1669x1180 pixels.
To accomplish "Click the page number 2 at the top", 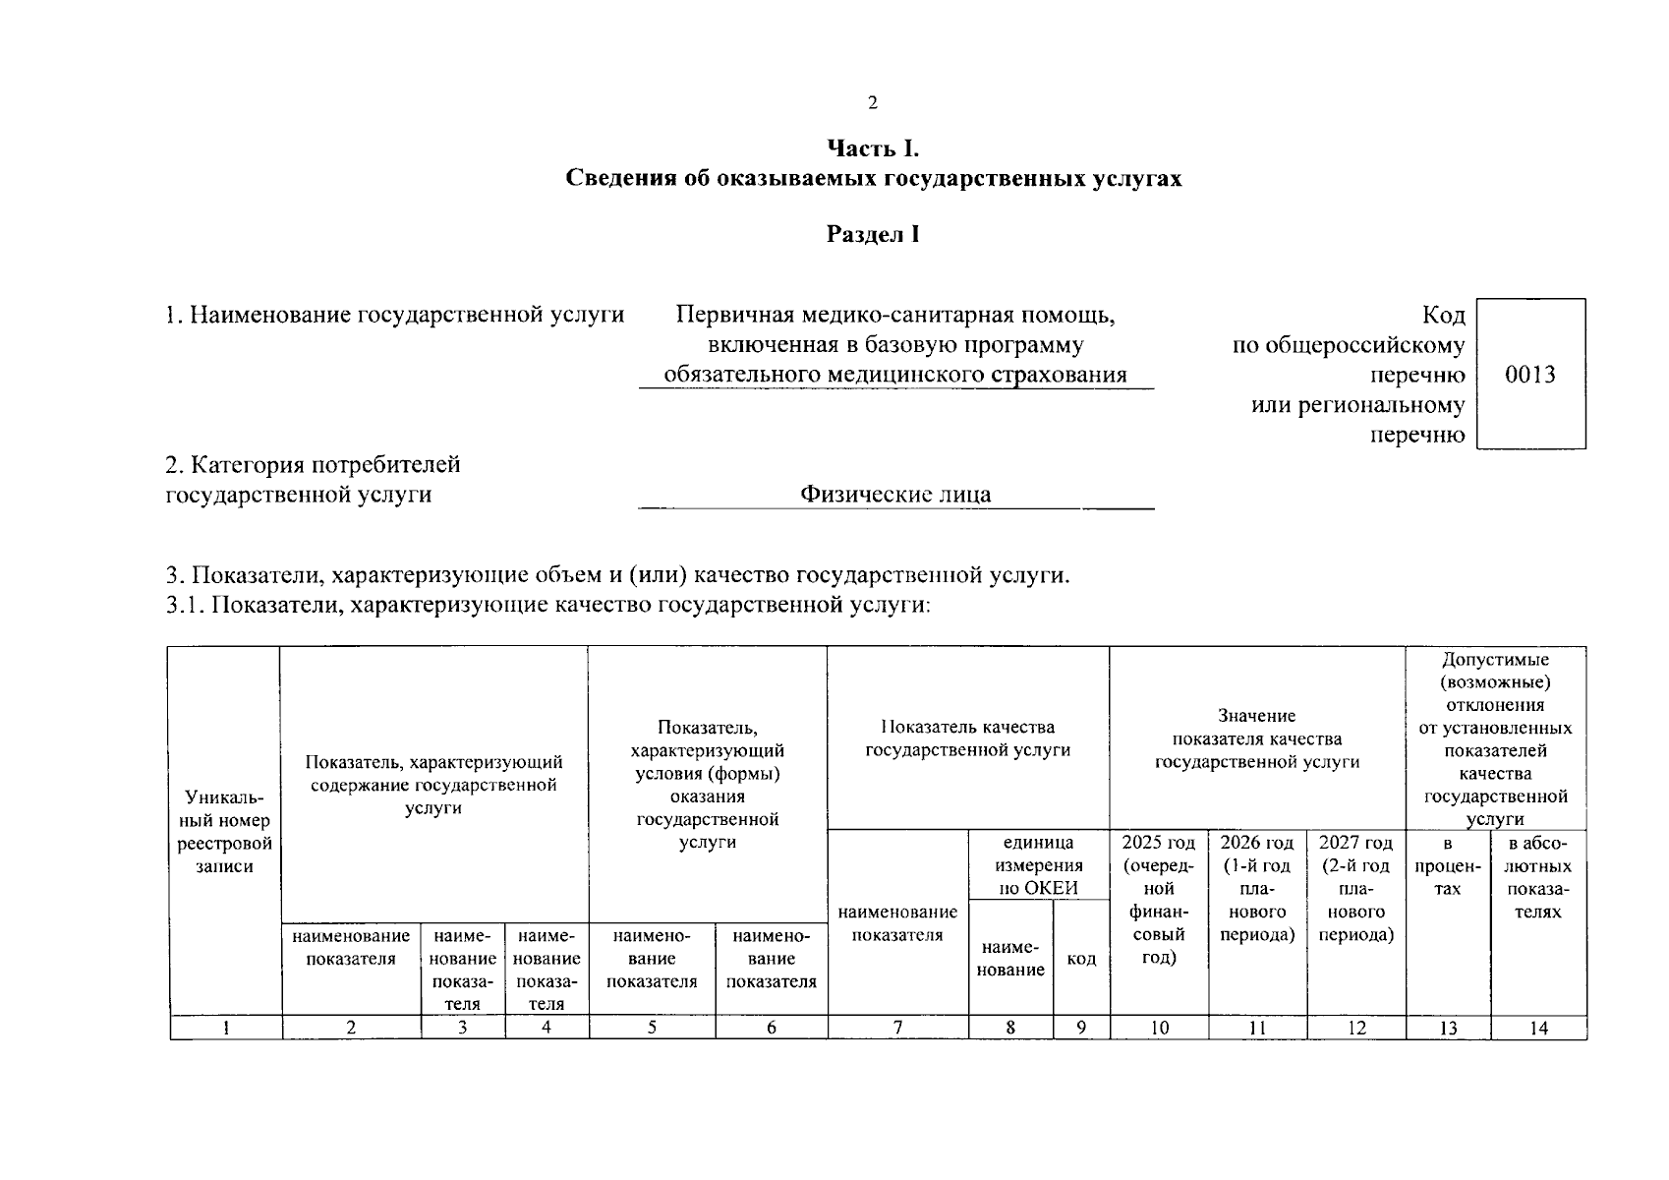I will click(x=872, y=103).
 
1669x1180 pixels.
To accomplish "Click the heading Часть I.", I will click(x=873, y=148).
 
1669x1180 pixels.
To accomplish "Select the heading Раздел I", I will click(x=873, y=234).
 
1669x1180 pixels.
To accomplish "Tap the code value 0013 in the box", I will click(x=1530, y=375).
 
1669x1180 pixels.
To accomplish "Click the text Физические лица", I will click(x=895, y=494).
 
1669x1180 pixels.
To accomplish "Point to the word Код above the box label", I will click(x=1443, y=316).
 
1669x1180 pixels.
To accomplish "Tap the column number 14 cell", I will click(x=1538, y=1028).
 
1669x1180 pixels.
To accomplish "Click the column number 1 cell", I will click(x=226, y=1028).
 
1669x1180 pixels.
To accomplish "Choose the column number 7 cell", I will click(x=897, y=1028).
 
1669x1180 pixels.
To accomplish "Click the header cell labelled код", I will click(x=1081, y=959).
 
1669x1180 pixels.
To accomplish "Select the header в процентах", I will click(x=1448, y=866).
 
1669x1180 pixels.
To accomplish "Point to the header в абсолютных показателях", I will click(x=1538, y=877).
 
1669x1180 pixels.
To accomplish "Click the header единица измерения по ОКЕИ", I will click(x=1039, y=865).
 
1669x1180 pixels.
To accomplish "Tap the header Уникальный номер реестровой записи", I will click(x=225, y=831).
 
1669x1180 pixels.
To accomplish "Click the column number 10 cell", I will click(x=1159, y=1028).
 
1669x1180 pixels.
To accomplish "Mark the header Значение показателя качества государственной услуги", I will click(x=1257, y=738).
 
